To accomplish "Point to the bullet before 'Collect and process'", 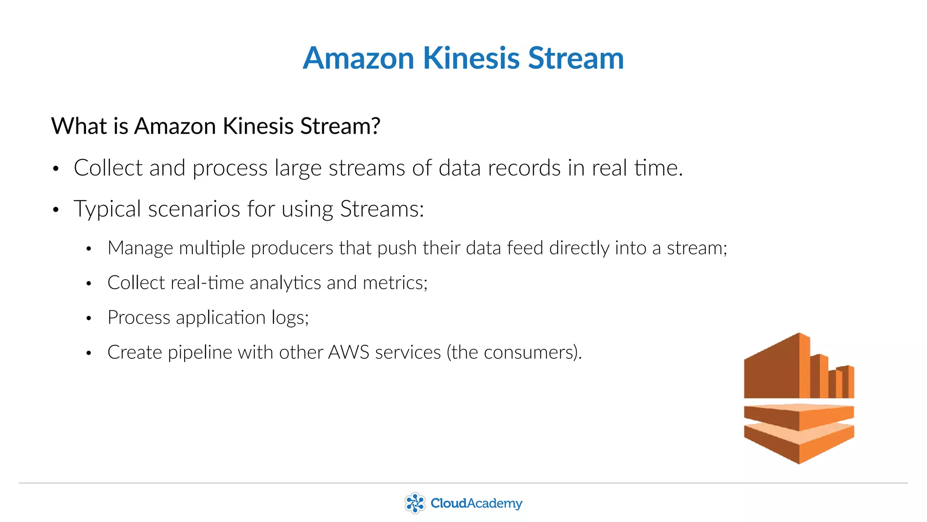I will pos(56,169).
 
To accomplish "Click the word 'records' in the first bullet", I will pos(524,168).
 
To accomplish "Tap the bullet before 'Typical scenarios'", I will pos(56,210).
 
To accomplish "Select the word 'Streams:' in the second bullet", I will pos(382,209).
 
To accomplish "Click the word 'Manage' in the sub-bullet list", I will pos(140,248).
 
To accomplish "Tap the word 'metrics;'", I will pos(395,283).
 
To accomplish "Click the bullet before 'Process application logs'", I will pos(89,319).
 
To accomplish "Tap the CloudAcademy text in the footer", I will pos(476,503).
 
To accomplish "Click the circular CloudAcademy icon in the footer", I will pos(415,503).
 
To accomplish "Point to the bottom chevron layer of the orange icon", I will pos(799,446).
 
